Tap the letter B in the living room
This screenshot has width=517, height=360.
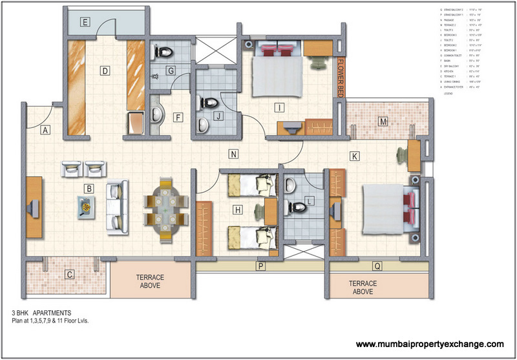(90, 189)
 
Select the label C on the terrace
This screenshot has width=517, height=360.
(69, 273)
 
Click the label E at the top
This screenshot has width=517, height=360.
(85, 21)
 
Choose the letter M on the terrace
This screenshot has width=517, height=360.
(383, 122)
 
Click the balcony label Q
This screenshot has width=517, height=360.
(376, 266)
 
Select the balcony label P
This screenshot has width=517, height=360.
(260, 266)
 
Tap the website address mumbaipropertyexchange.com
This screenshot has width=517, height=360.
(429, 344)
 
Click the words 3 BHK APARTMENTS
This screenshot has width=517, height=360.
(41, 311)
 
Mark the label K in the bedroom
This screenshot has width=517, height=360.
(354, 156)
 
